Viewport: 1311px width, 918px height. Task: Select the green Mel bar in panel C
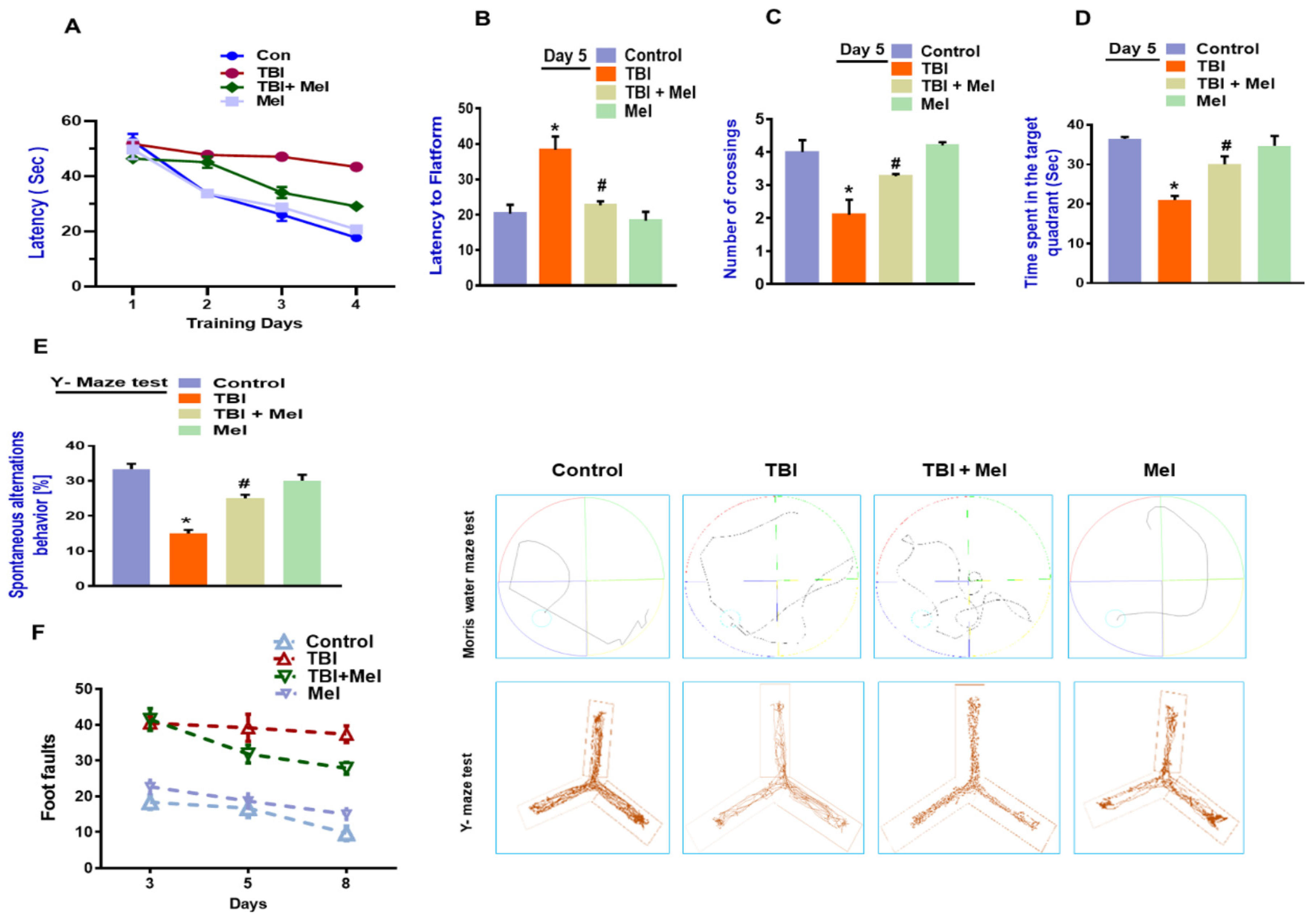tap(942, 214)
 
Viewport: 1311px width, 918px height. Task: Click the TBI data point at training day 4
tap(356, 167)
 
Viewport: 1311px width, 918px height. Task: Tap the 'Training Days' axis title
tap(244, 323)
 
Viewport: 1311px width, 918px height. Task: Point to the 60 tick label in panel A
tap(72, 121)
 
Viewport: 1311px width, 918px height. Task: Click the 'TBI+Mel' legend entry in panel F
tap(344, 677)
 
